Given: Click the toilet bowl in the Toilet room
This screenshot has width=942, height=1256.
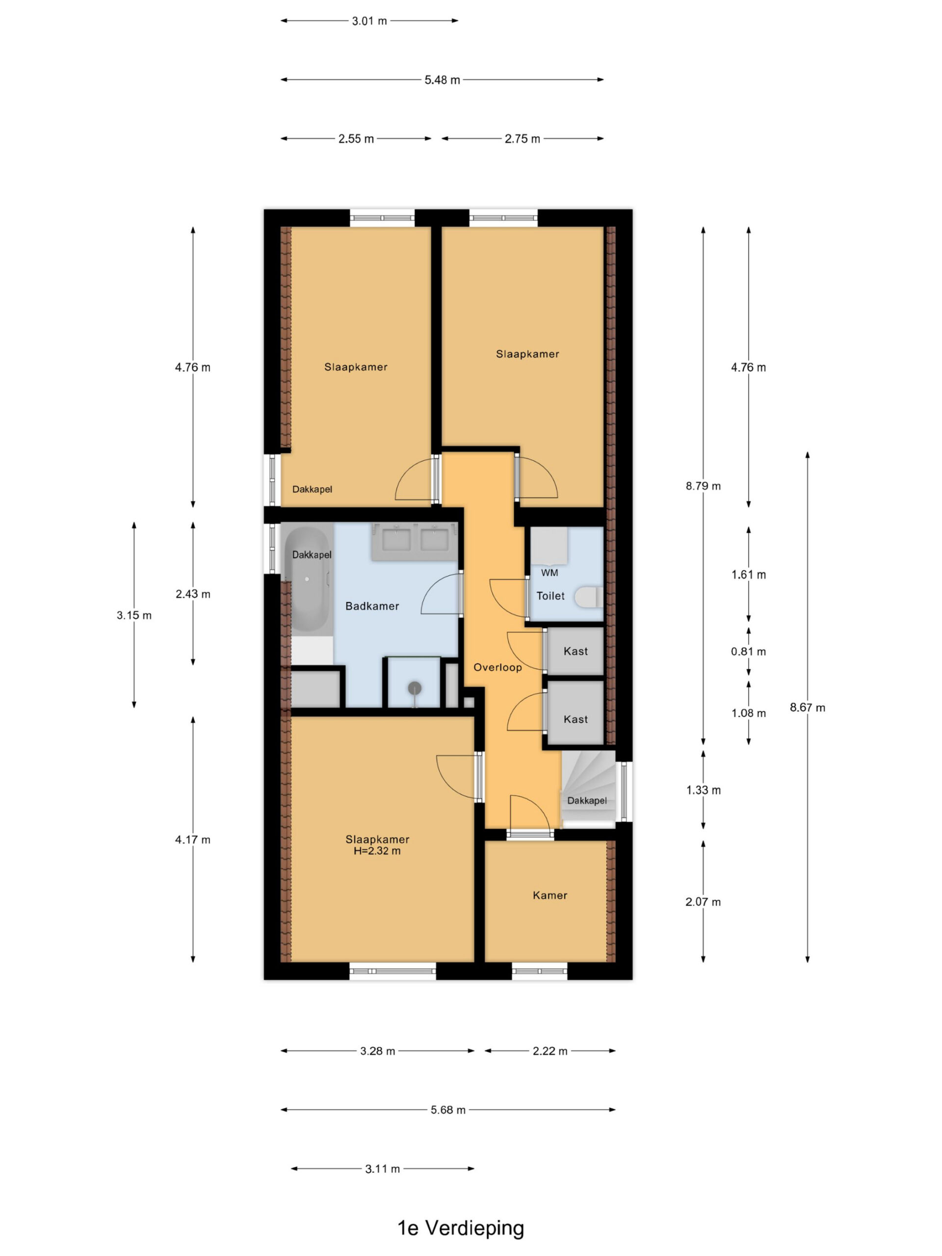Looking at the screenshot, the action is [x=588, y=598].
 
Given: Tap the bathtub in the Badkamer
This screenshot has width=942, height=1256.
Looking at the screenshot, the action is [x=307, y=578].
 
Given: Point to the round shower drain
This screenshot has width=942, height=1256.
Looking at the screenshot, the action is [x=415, y=688].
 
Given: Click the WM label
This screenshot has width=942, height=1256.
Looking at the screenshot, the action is [x=549, y=573].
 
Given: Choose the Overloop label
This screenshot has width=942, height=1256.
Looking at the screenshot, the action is [x=497, y=667].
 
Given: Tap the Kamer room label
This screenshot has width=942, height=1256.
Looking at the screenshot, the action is [x=549, y=895].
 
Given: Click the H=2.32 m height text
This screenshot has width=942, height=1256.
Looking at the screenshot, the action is [x=377, y=851].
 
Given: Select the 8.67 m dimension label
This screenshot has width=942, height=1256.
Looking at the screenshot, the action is [x=808, y=707].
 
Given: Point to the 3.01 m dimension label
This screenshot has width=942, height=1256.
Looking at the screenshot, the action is [x=369, y=21].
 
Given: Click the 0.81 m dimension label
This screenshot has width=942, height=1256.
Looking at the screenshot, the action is [x=748, y=651].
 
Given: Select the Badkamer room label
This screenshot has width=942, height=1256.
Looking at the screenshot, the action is [x=372, y=606].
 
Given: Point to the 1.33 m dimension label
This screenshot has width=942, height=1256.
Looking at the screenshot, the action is [x=704, y=790].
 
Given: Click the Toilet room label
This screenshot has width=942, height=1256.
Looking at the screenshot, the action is [x=550, y=596].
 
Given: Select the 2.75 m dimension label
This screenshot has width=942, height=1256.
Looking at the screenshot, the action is [x=523, y=138].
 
